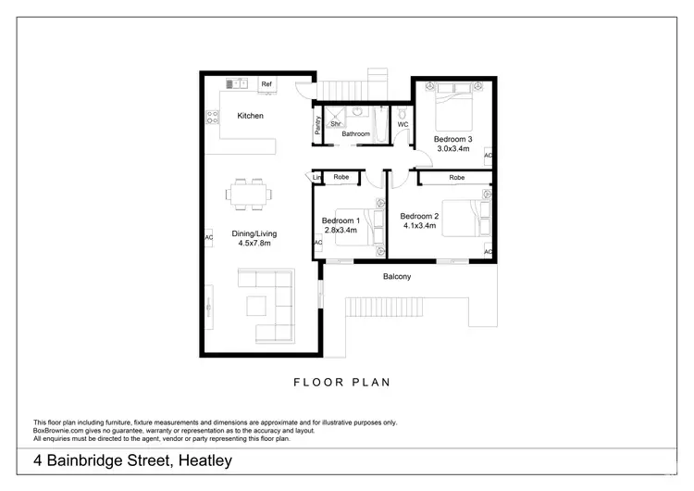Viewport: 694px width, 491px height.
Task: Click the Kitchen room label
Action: coord(250,116)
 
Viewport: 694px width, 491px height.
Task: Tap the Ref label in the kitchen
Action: coord(266,84)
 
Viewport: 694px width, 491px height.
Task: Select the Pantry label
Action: coord(317,125)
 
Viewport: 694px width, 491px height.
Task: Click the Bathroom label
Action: coord(355,134)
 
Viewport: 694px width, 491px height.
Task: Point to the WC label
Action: coord(403,124)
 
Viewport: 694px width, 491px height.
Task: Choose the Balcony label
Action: coord(397,277)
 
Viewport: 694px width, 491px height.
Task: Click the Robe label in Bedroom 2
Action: coord(456,177)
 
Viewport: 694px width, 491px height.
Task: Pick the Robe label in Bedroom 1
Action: coord(341,177)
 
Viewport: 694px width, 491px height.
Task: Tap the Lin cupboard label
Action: coord(317,177)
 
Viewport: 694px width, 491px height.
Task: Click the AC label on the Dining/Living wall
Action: coord(208,237)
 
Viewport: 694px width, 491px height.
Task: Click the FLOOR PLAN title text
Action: coord(342,381)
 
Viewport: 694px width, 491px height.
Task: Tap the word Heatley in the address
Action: coord(199,460)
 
